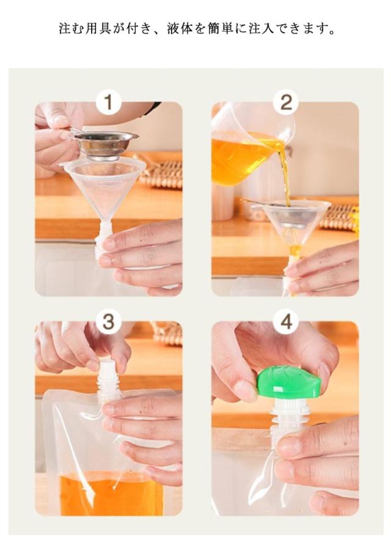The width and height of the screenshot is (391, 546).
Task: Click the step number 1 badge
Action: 109,102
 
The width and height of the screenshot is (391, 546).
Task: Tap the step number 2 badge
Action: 286,102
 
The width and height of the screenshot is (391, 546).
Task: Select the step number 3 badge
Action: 109,321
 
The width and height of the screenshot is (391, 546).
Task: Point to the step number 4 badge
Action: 286,321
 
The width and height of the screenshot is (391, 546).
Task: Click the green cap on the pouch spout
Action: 289,383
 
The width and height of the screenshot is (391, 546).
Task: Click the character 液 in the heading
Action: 174,29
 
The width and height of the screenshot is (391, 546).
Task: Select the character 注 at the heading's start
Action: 65,29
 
